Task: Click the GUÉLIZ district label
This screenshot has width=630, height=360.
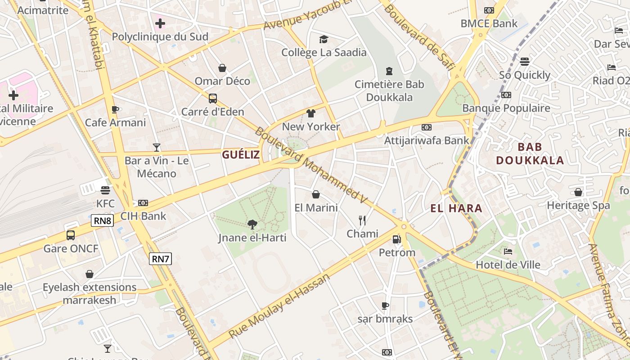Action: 241,155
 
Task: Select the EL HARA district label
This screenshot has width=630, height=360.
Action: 456,208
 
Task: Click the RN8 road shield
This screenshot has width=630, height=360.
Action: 103,220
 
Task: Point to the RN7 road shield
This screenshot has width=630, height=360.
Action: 161,258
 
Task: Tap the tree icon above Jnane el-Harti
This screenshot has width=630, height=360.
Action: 252,224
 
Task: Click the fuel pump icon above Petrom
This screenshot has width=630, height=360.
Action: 396,239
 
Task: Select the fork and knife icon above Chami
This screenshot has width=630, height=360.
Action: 362,220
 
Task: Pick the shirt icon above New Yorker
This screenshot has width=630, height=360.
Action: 311,113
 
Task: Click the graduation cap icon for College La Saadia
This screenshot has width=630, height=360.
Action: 324,39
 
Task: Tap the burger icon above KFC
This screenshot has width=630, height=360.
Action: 105,190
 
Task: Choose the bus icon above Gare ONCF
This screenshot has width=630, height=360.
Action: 71,235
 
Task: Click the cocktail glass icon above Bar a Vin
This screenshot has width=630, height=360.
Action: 157,147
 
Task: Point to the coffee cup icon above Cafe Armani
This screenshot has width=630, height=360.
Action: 115,109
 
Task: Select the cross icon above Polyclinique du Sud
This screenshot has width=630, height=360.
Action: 160,23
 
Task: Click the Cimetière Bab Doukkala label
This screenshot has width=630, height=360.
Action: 389,90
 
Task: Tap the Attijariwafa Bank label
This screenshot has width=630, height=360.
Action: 426,140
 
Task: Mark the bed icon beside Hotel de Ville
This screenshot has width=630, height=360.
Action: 508,252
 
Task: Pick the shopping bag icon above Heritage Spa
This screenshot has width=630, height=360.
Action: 578,192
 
